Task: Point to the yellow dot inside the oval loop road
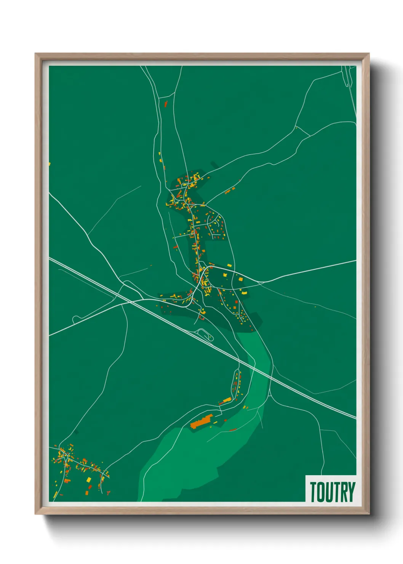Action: (x=209, y=337)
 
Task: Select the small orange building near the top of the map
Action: (x=166, y=103)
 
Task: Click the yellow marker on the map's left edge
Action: (x=50, y=164)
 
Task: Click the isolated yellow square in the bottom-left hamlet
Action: (x=89, y=479)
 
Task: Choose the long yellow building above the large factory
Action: (x=227, y=400)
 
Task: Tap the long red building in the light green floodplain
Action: (x=233, y=430)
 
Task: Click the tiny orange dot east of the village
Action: (x=315, y=306)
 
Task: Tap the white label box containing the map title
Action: (x=331, y=489)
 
